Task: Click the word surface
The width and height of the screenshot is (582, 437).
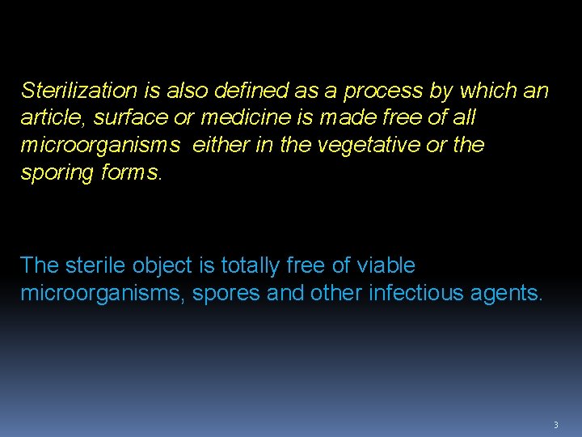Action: tap(131, 118)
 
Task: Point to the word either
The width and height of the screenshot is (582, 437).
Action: tap(220, 146)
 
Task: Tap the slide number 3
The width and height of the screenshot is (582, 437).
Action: tap(555, 425)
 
